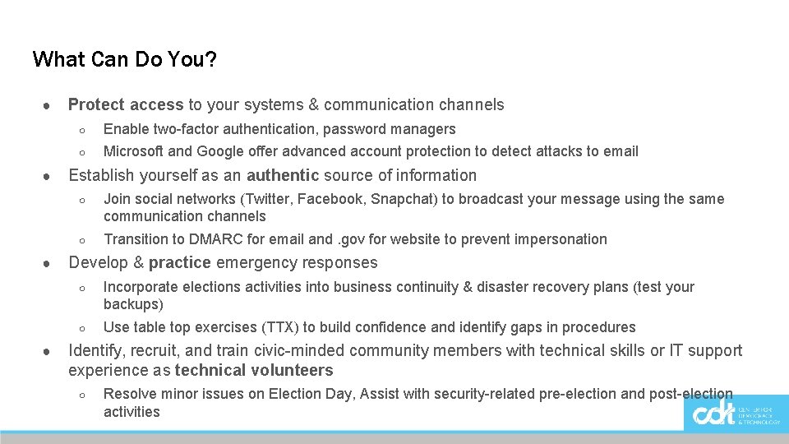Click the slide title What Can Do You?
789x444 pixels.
click(125, 59)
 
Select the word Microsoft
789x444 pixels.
click(132, 151)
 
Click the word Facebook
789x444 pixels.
click(329, 199)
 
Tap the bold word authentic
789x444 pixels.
click(282, 175)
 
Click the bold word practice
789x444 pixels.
click(180, 263)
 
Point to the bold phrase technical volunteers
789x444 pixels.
click(254, 370)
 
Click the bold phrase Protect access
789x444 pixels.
click(126, 104)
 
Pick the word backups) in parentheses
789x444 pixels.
click(133, 304)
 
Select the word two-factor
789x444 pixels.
click(190, 129)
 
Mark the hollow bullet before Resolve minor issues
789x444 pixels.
click(82, 395)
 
